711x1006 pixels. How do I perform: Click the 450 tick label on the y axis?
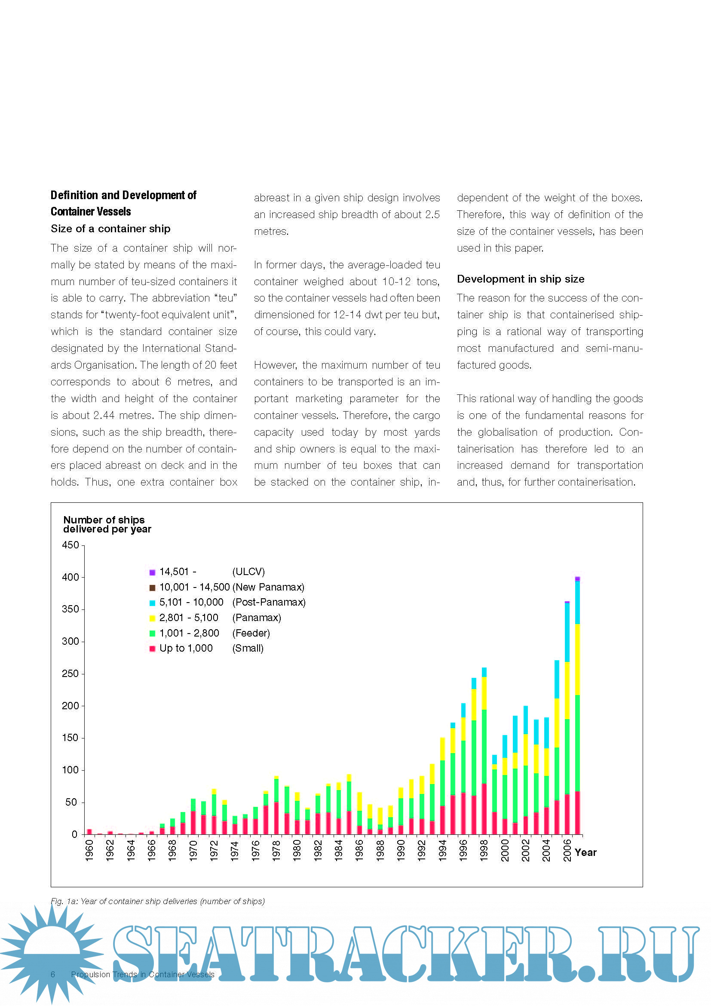tap(70, 545)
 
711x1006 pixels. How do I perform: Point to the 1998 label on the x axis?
tap(484, 850)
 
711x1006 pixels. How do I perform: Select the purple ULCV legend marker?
tap(152, 572)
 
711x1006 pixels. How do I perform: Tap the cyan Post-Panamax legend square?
tap(152, 603)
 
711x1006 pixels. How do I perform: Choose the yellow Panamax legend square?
tap(152, 618)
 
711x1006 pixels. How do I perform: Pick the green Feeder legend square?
tap(152, 634)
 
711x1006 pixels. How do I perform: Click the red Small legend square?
tap(152, 649)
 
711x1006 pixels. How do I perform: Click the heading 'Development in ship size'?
tap(520, 279)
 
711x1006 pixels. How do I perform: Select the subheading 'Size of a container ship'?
tap(110, 229)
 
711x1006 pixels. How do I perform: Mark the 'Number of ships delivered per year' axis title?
tap(107, 524)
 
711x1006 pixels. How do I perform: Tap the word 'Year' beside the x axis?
tap(585, 852)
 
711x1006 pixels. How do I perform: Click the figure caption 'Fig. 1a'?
tap(158, 901)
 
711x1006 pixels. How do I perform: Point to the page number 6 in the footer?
tap(53, 975)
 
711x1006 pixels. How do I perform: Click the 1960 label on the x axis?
tap(89, 850)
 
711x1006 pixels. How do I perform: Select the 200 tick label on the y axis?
tap(70, 706)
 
